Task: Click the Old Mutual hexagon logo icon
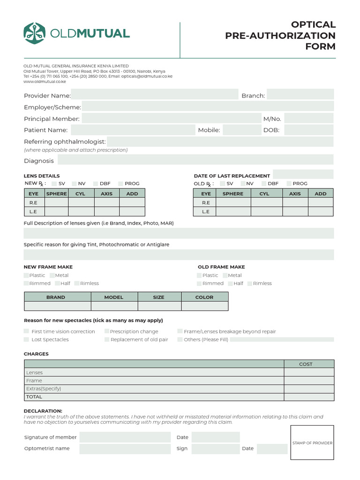click(x=34, y=33)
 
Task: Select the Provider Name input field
click(x=155, y=95)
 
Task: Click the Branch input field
click(x=300, y=95)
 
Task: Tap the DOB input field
click(x=309, y=130)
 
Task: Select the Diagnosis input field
click(x=195, y=160)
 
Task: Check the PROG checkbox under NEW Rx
click(x=120, y=184)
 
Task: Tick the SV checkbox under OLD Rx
click(x=223, y=184)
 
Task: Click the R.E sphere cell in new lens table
click(x=56, y=202)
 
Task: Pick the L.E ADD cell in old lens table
click(x=321, y=211)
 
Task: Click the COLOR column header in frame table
click(x=204, y=297)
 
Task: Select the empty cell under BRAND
click(x=57, y=306)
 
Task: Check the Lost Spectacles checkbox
click(x=26, y=339)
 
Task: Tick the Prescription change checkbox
click(x=107, y=331)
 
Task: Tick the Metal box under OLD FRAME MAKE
click(x=225, y=275)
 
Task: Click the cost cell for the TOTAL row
click(x=309, y=397)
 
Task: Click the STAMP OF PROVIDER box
click(x=312, y=443)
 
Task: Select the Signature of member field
click(x=125, y=437)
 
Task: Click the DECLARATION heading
click(x=43, y=411)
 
